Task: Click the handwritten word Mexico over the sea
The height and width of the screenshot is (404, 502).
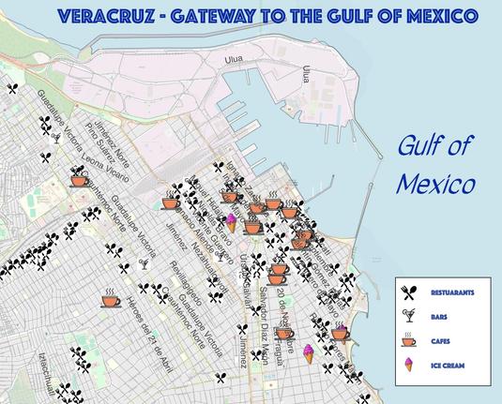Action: (x=434, y=183)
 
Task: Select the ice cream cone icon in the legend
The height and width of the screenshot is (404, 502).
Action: (x=409, y=364)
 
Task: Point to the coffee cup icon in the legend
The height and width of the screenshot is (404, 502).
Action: (x=409, y=339)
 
